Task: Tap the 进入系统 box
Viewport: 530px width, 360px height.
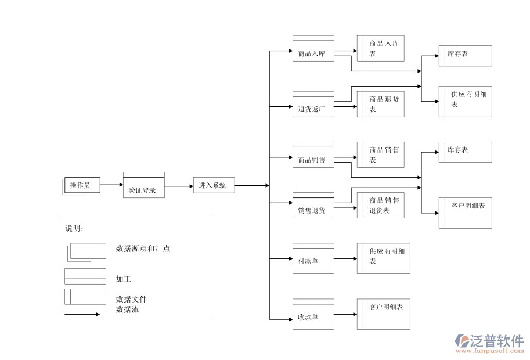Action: (214, 185)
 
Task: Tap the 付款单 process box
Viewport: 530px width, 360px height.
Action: (313, 258)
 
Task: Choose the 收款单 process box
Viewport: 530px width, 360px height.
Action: (313, 314)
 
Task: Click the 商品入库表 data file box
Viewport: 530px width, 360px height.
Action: (381, 48)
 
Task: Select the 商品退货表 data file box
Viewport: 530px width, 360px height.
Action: (381, 104)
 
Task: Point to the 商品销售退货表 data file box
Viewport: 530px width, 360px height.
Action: (381, 206)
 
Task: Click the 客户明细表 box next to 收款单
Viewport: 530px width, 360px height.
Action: (384, 314)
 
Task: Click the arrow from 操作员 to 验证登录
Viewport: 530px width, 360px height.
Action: (111, 185)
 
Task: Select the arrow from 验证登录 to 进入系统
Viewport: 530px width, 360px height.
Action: (179, 186)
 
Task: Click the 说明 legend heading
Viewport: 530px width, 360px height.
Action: (74, 228)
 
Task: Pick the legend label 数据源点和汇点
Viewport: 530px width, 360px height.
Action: (143, 249)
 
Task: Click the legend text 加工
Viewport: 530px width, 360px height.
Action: (124, 279)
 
